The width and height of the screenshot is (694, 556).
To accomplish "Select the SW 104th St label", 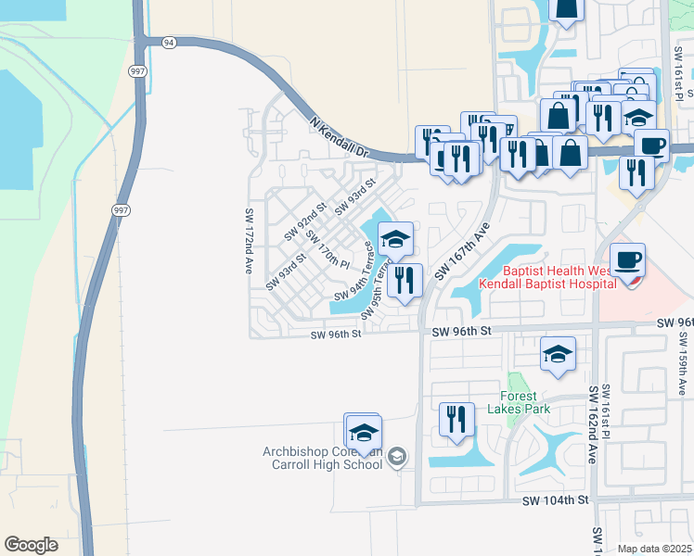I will [x=556, y=499].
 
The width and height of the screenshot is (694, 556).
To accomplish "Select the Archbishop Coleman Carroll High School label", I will [x=322, y=458].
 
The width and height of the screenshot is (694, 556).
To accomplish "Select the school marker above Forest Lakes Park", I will [x=558, y=354].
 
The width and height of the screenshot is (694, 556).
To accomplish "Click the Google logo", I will [x=31, y=545].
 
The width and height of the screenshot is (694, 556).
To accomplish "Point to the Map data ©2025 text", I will [x=654, y=549].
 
